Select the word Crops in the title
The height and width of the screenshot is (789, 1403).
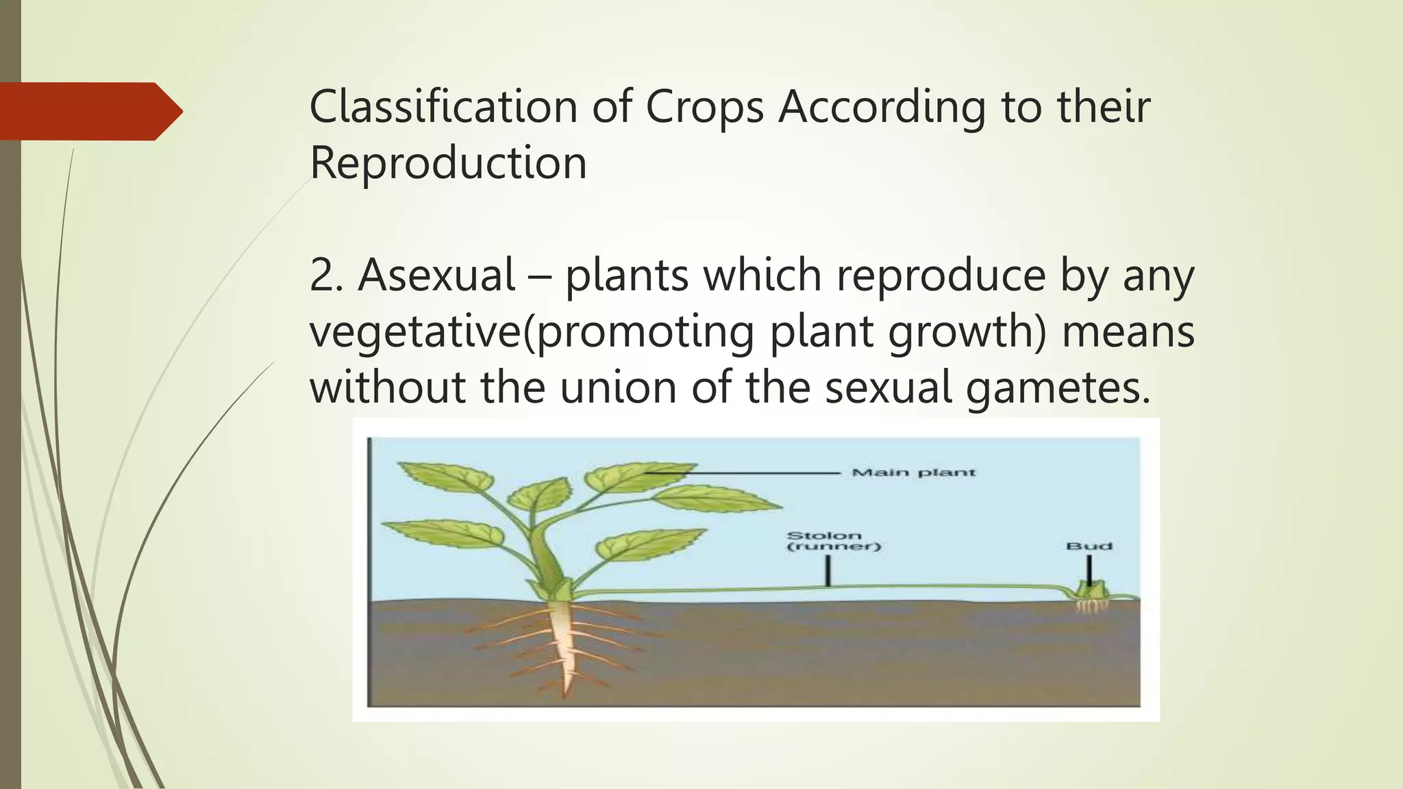tap(704, 108)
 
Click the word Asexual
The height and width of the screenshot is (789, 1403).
tap(436, 275)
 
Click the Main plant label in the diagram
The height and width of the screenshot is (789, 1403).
tap(913, 473)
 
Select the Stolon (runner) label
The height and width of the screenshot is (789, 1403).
tap(834, 541)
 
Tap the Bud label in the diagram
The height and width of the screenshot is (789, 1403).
tap(1089, 546)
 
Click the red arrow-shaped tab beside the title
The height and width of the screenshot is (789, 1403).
tap(89, 111)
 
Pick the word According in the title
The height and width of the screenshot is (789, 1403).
tap(881, 108)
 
